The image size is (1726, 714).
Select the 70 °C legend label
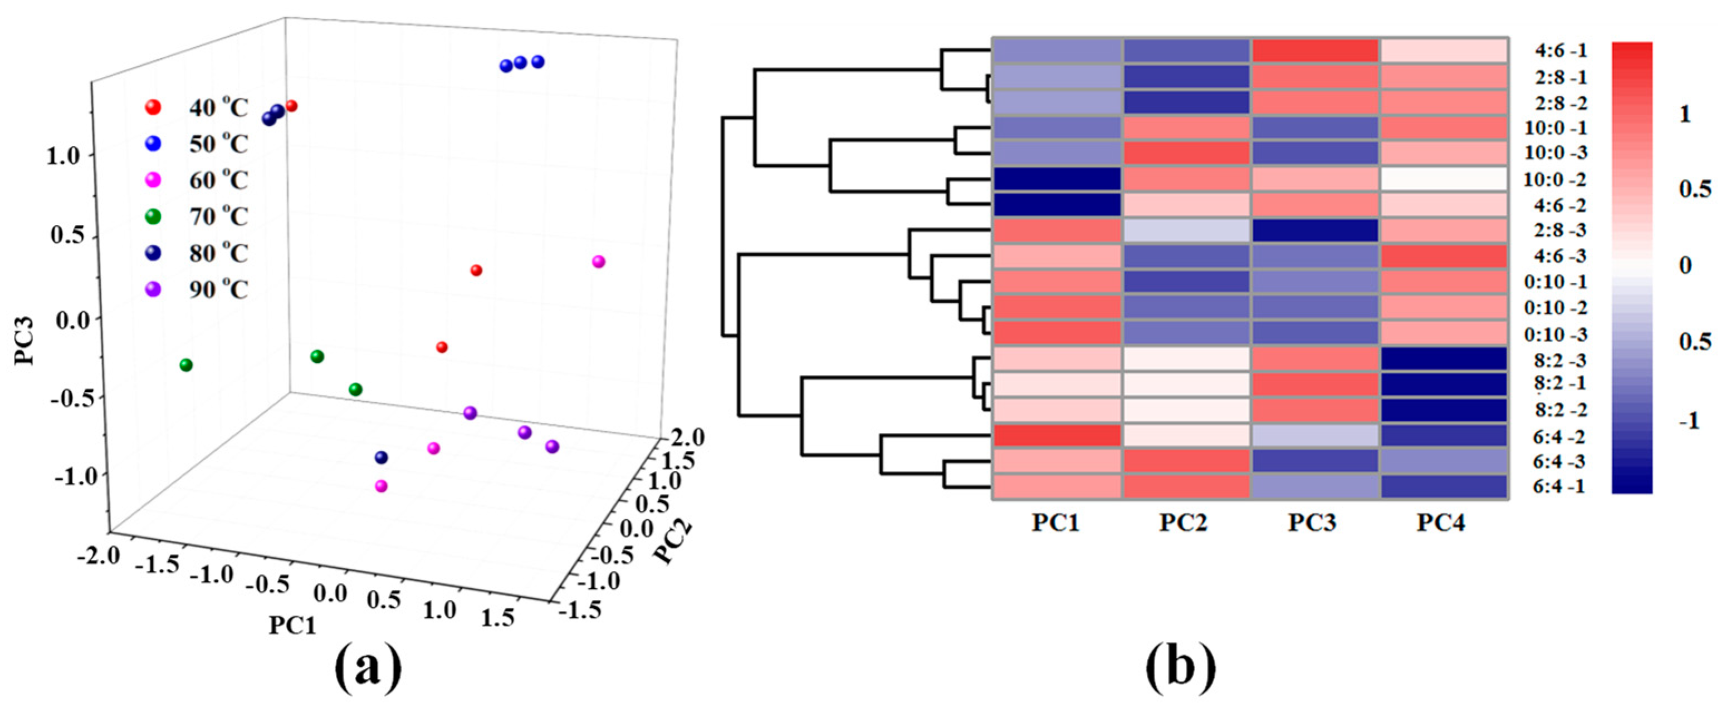[x=218, y=216]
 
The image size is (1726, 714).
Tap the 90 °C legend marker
[x=153, y=289]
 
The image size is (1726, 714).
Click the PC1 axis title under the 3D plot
[x=292, y=625]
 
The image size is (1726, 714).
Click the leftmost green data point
[x=186, y=365]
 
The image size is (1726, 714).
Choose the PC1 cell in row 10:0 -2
[x=1057, y=179]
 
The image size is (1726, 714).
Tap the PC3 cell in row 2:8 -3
[x=1314, y=230]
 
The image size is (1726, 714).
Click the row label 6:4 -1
[x=1558, y=487]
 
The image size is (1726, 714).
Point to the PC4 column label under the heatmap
[x=1441, y=523]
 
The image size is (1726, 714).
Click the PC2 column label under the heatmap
[x=1184, y=523]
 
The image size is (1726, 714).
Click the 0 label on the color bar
[x=1685, y=266]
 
